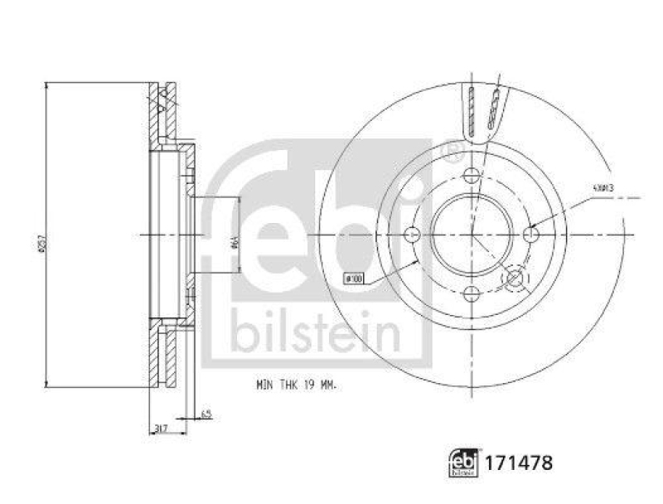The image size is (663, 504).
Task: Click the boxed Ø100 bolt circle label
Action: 354,279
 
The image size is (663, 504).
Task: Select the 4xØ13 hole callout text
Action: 602,188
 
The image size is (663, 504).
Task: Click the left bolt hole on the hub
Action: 412,235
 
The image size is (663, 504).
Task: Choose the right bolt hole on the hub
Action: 531,235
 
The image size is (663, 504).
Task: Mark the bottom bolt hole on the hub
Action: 472,293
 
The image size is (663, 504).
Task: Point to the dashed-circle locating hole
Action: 515,279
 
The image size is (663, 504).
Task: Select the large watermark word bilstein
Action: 315,330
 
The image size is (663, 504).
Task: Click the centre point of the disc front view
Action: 472,235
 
